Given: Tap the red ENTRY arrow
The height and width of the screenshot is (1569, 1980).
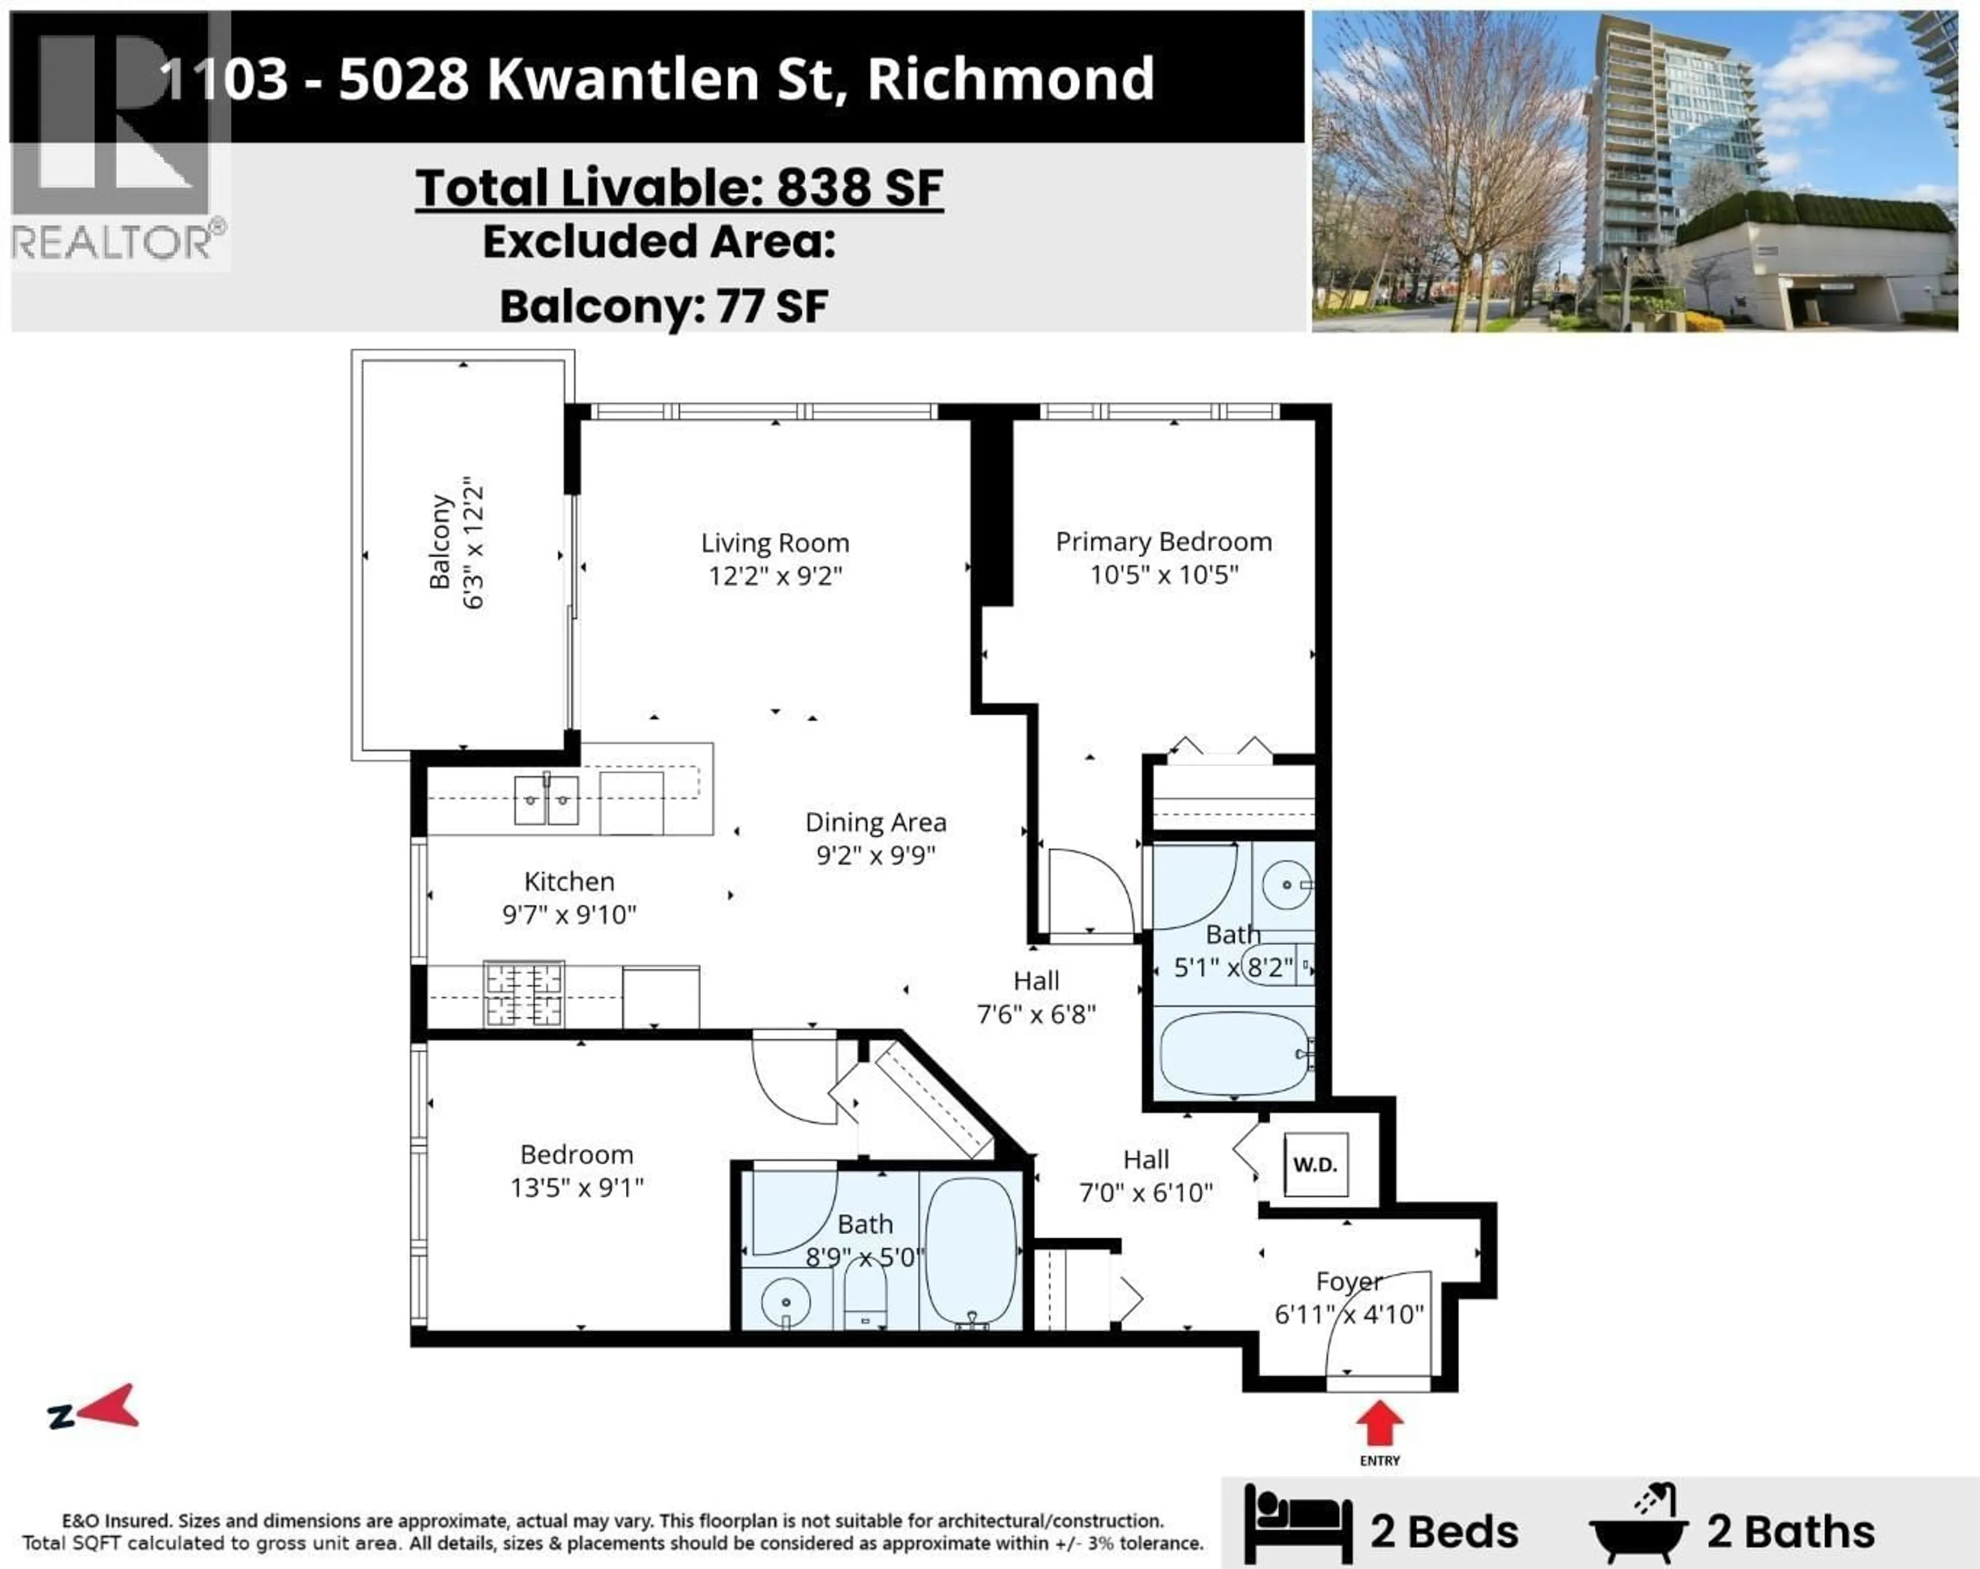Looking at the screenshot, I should coord(1379,1424).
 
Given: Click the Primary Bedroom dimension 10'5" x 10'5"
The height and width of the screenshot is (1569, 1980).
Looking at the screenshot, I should coord(1164,575).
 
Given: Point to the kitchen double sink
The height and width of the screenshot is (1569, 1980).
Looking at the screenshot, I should coord(547,800).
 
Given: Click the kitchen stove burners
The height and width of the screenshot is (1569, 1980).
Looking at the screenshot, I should coord(523,994).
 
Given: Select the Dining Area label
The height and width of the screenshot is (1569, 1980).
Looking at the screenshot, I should coord(875,822).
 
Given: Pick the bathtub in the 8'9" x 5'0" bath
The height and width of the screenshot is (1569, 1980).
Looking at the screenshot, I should coord(971,1249).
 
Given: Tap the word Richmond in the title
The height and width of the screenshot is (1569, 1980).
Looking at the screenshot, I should coord(1010,79).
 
